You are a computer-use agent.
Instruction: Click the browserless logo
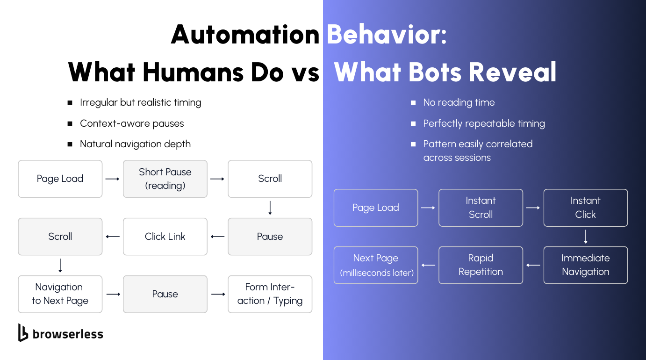point(60,333)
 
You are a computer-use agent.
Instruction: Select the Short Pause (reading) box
point(165,179)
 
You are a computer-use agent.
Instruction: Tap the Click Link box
point(165,237)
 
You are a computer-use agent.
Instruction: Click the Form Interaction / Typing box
point(270,294)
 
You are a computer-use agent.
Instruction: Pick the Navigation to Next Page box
point(60,294)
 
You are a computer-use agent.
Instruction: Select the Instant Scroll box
point(481,208)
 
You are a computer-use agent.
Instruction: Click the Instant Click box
point(585,208)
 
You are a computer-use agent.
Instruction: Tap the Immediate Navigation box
point(585,265)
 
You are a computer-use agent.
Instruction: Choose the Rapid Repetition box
point(481,265)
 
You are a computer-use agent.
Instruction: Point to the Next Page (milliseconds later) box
point(376,265)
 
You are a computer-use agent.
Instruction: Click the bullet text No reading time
point(459,102)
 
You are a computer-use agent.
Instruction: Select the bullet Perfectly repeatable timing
point(484,123)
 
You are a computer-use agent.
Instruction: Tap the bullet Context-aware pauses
point(132,123)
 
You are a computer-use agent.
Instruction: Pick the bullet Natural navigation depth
point(135,144)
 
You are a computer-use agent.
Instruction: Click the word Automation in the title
point(245,35)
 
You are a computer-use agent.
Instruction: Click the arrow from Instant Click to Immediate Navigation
point(585,237)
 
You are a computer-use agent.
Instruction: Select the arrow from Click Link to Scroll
point(113,237)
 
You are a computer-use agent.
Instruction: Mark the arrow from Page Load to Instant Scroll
point(428,208)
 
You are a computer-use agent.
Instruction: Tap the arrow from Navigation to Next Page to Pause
point(113,294)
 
